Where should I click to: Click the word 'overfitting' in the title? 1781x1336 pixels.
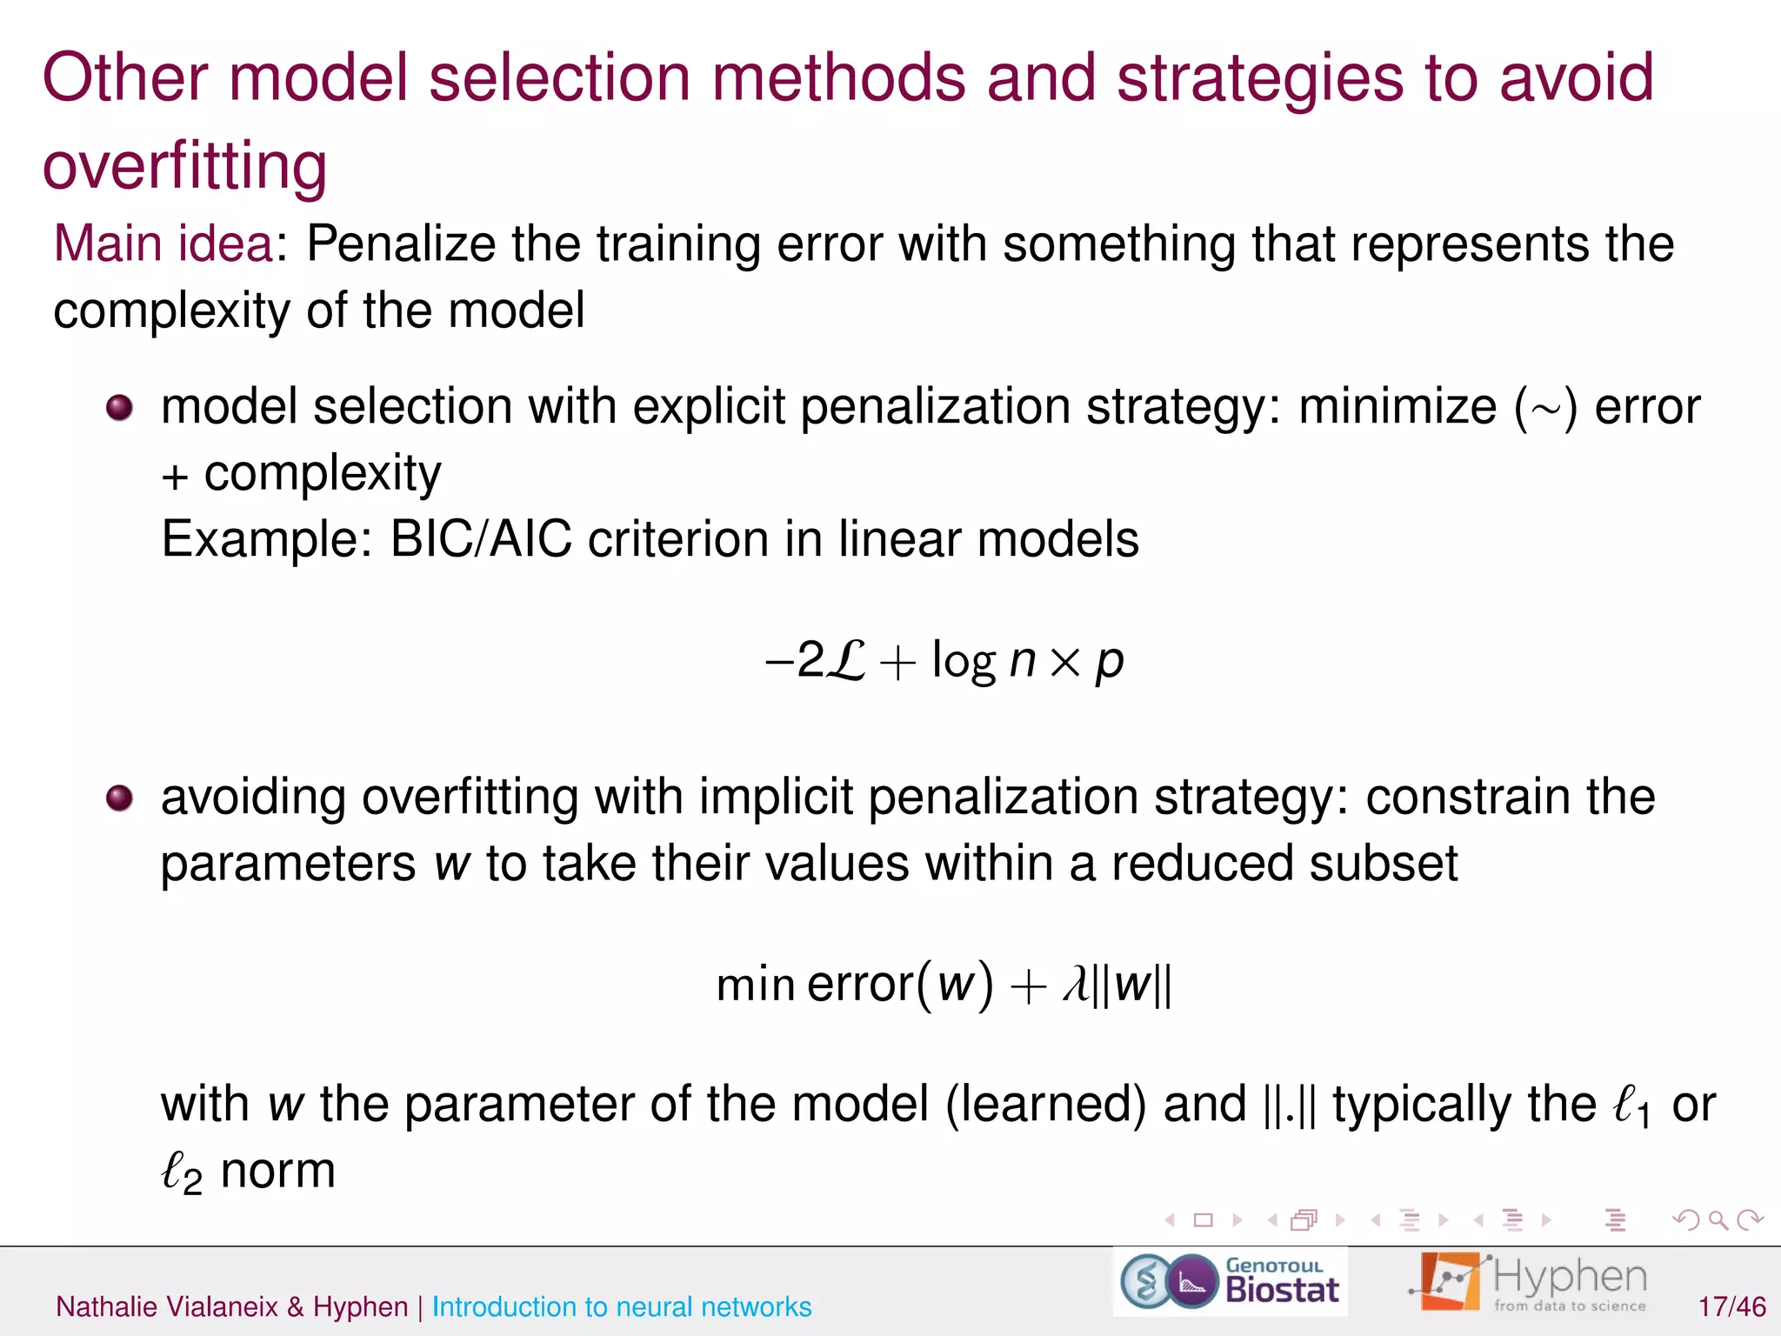click(x=184, y=165)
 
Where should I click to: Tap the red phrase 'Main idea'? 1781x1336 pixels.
click(x=163, y=244)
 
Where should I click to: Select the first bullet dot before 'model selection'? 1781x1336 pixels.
click(x=119, y=407)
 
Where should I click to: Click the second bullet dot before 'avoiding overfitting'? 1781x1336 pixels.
click(x=119, y=798)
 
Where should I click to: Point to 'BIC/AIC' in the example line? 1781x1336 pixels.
click(x=481, y=539)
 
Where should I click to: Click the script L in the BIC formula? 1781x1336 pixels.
click(x=844, y=661)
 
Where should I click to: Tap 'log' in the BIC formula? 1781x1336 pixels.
click(x=963, y=661)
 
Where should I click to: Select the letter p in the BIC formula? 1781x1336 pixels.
click(x=1109, y=663)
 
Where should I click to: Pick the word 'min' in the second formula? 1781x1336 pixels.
click(x=755, y=985)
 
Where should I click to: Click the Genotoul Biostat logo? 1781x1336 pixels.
click(x=1230, y=1281)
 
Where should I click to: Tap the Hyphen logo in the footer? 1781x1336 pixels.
click(x=1529, y=1281)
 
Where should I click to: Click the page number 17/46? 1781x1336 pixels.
click(x=1731, y=1306)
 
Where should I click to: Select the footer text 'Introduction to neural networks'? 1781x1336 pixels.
click(x=621, y=1306)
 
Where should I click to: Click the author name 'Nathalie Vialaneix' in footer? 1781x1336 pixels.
click(x=166, y=1306)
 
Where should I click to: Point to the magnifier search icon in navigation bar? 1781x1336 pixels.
click(x=1718, y=1220)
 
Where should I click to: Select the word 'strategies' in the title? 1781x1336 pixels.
click(x=1259, y=78)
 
